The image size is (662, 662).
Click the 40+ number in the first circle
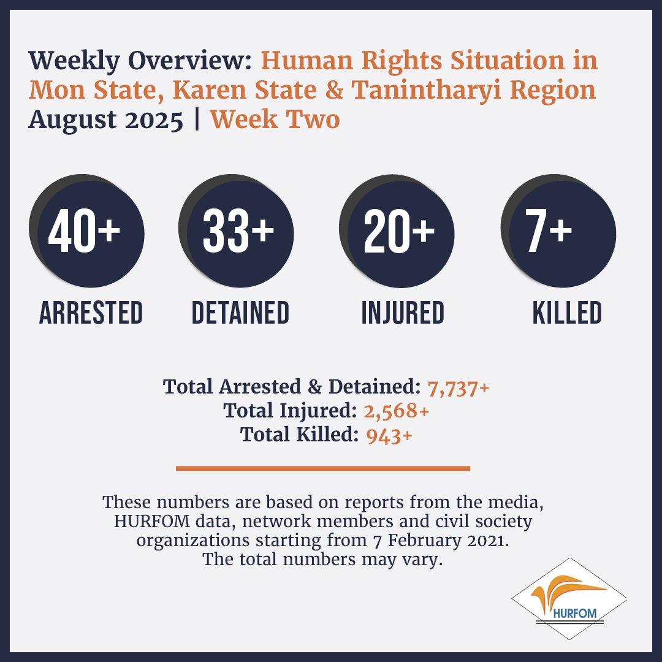click(84, 231)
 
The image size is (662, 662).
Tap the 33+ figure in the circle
click(238, 231)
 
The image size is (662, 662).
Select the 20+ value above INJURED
click(399, 231)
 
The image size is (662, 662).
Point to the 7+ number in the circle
click(549, 231)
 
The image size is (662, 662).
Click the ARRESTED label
click(91, 313)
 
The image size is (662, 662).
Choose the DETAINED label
click(240, 313)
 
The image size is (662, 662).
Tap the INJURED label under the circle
click(403, 313)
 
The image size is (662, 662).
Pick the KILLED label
click(567, 313)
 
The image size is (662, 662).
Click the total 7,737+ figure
click(458, 387)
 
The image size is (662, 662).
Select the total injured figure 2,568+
click(397, 411)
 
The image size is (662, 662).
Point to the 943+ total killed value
click(389, 436)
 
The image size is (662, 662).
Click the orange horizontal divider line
click(323, 468)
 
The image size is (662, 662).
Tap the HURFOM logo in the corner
click(569, 599)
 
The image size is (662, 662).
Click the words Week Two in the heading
click(275, 119)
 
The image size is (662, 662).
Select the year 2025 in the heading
click(154, 120)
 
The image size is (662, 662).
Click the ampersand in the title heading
click(334, 90)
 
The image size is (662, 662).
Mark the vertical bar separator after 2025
click(197, 120)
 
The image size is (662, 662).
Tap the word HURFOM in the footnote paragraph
click(152, 522)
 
